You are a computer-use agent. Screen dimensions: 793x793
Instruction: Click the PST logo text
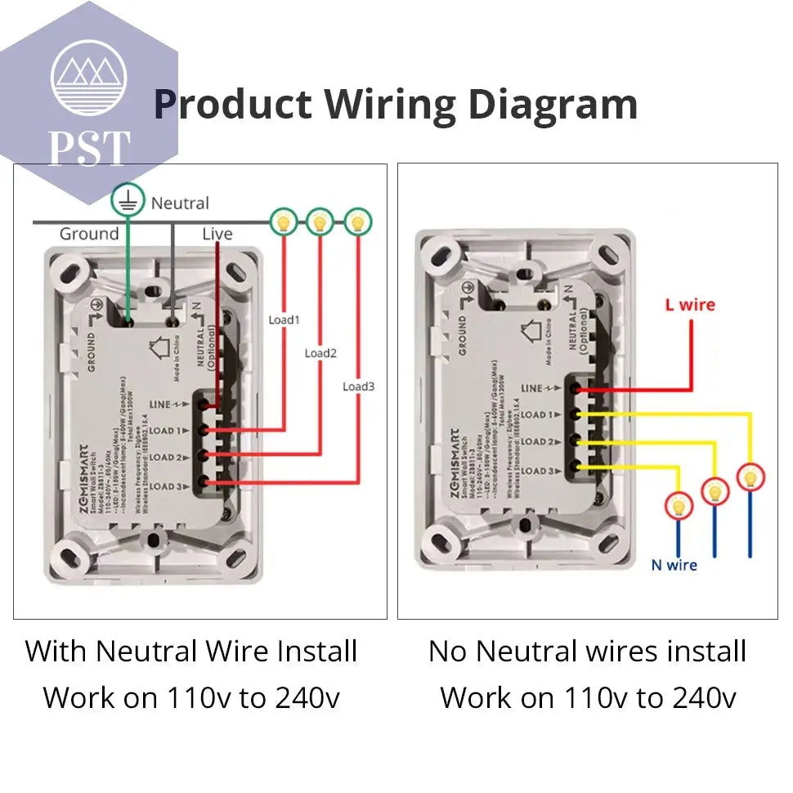pyautogui.click(x=89, y=147)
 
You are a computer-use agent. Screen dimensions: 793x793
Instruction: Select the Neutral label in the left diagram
pyautogui.click(x=180, y=203)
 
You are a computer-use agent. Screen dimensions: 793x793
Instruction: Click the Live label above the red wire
pyautogui.click(x=217, y=235)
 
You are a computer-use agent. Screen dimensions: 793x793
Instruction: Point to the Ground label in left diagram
pyautogui.click(x=89, y=235)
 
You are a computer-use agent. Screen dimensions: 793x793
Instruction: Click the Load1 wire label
pyautogui.click(x=284, y=320)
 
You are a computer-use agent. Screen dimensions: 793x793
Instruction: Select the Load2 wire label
pyautogui.click(x=320, y=353)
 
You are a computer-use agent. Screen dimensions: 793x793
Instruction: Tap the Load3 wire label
pyautogui.click(x=358, y=386)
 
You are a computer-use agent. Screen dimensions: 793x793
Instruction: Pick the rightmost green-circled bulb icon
pyautogui.click(x=356, y=221)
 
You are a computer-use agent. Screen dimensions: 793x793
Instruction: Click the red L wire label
pyautogui.click(x=689, y=305)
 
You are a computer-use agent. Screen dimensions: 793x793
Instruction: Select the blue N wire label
pyautogui.click(x=674, y=565)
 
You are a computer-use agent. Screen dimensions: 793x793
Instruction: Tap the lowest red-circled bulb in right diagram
pyautogui.click(x=678, y=506)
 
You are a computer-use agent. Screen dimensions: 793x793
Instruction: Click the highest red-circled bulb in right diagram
pyautogui.click(x=750, y=477)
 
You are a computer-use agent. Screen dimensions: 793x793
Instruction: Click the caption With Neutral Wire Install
pyautogui.click(x=191, y=652)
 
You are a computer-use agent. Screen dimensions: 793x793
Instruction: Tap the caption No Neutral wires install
pyautogui.click(x=587, y=652)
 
